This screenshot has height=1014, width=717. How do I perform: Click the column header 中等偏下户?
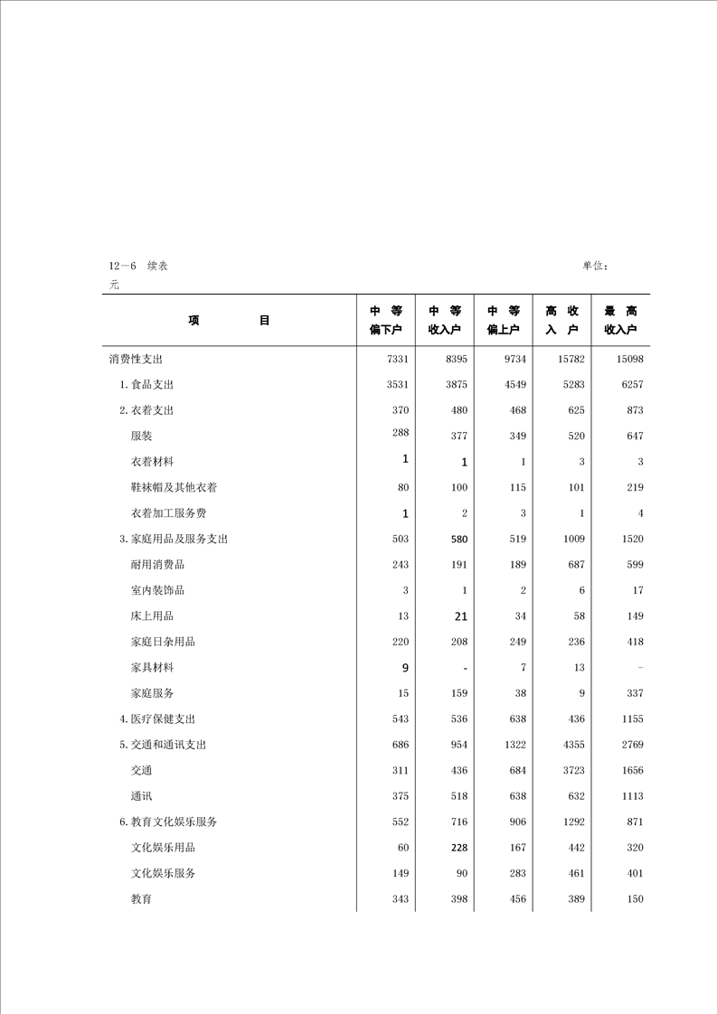click(386, 320)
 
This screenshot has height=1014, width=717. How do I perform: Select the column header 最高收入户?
click(620, 320)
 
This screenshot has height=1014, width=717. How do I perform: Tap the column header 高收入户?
click(561, 320)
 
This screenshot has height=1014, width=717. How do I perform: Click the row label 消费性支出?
click(136, 359)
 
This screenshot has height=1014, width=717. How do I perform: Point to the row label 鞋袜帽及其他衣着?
click(174, 487)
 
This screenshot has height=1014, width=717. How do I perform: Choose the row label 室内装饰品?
click(157, 590)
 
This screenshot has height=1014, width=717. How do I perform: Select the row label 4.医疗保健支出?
click(157, 719)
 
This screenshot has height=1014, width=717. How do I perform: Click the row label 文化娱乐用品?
click(163, 848)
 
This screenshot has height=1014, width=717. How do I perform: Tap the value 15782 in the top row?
click(571, 359)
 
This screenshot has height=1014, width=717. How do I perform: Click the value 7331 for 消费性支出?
click(398, 359)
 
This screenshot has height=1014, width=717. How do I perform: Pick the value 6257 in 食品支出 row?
click(631, 385)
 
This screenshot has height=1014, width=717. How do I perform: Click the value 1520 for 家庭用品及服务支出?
click(631, 539)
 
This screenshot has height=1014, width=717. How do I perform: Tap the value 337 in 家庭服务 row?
click(634, 693)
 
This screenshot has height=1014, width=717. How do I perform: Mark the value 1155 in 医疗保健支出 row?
click(631, 719)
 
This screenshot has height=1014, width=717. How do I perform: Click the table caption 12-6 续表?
click(137, 266)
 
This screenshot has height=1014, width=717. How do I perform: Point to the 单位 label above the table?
click(595, 266)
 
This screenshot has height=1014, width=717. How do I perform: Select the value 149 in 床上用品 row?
click(634, 616)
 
